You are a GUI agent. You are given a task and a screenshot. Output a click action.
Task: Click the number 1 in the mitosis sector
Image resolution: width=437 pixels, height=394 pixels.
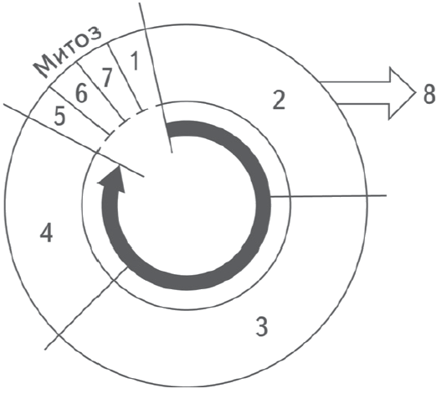[135, 60]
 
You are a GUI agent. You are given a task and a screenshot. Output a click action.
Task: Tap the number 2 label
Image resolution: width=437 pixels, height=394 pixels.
[279, 101]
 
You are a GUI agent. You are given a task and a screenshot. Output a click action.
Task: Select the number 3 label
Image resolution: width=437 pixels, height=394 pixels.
[262, 326]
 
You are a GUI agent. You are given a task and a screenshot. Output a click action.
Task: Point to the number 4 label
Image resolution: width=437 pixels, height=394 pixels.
[46, 233]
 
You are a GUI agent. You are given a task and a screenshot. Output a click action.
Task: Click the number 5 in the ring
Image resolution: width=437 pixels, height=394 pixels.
[59, 116]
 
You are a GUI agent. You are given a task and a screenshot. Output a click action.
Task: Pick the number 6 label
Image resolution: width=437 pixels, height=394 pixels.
[81, 93]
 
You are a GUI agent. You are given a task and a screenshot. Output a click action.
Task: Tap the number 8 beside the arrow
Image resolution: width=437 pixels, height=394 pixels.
[429, 93]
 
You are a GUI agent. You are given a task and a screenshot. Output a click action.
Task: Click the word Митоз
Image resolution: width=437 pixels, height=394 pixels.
[67, 52]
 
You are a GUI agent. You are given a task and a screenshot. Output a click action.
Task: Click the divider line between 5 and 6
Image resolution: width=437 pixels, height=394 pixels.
[80, 111]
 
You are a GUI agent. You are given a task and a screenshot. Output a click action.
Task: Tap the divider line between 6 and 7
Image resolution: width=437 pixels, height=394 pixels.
[101, 91]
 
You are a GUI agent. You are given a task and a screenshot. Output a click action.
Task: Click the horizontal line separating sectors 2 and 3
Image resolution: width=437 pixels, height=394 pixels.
[328, 196]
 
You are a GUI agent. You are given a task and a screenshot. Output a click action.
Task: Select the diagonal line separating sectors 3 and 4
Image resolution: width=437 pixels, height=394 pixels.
[86, 308]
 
